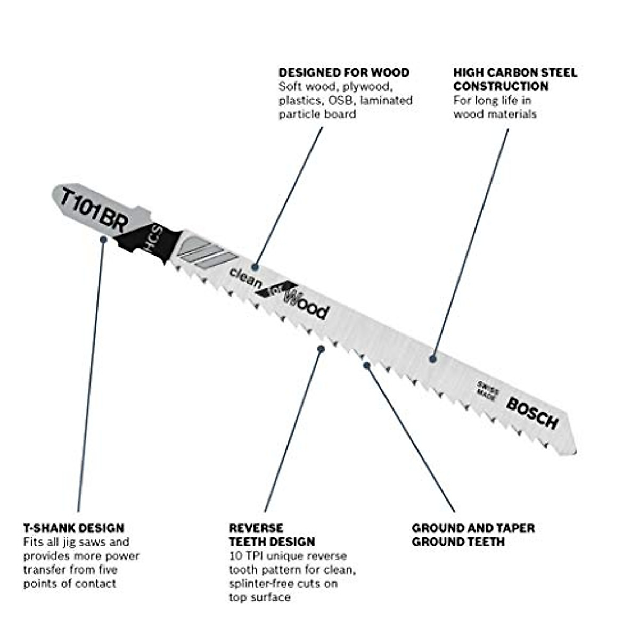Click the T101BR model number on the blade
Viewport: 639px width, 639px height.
(94, 209)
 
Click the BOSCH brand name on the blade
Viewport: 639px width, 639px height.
(532, 413)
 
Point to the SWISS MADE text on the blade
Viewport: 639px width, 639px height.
(487, 391)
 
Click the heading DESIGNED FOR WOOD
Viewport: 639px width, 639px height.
(344, 72)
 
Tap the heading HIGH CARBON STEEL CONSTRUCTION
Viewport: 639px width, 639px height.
(515, 79)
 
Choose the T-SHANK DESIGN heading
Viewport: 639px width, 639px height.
(73, 528)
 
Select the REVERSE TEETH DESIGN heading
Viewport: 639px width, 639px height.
(272, 535)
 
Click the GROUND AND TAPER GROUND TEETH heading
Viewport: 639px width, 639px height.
(473, 535)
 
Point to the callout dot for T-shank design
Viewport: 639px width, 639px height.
(103, 240)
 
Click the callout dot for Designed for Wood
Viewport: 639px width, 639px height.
(256, 266)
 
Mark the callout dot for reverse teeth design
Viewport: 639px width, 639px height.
(321, 349)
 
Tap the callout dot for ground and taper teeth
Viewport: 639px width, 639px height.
(366, 364)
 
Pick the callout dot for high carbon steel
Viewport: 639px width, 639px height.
(433, 359)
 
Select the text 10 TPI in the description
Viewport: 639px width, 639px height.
(247, 556)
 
